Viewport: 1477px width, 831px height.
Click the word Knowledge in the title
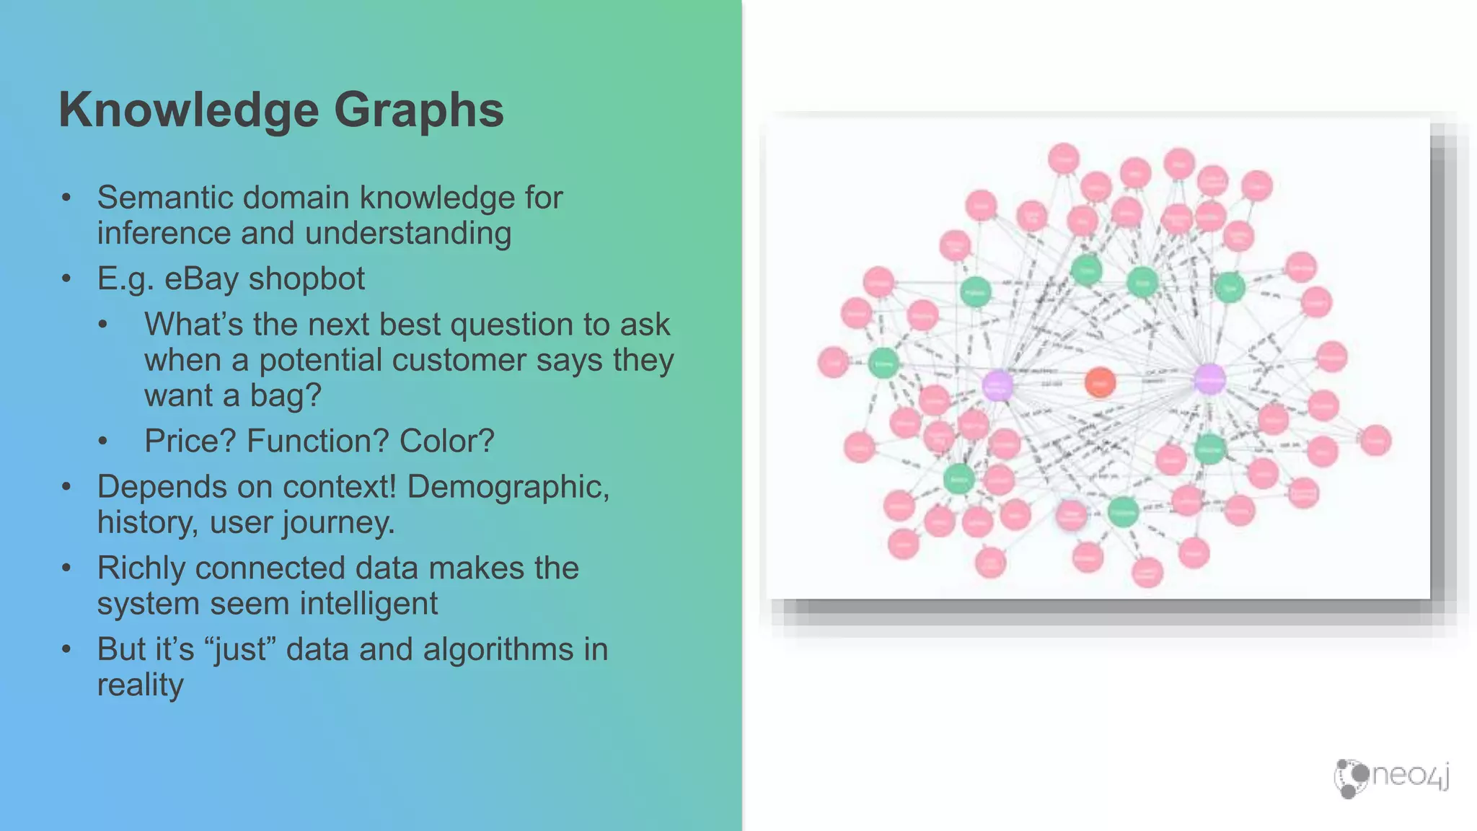(189, 110)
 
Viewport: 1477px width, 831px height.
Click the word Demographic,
(508, 487)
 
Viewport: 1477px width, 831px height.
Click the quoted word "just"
(241, 649)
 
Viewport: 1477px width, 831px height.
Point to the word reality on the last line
(141, 685)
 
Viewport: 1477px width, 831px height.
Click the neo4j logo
(1391, 777)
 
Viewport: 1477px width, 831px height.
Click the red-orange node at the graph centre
(1100, 382)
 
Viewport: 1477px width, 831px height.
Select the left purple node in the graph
(997, 385)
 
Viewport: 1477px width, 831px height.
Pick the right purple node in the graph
(1209, 379)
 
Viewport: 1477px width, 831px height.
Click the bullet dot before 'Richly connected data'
(66, 568)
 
